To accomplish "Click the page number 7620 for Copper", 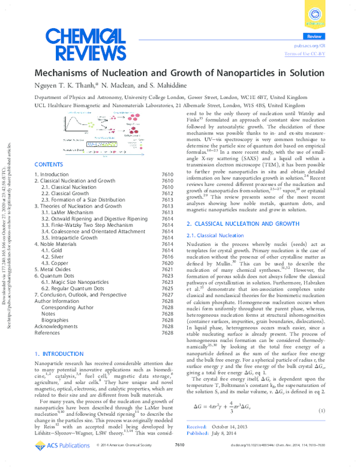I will [167, 263].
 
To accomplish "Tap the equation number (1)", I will [321, 410].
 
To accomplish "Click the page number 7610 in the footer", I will [179, 463].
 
